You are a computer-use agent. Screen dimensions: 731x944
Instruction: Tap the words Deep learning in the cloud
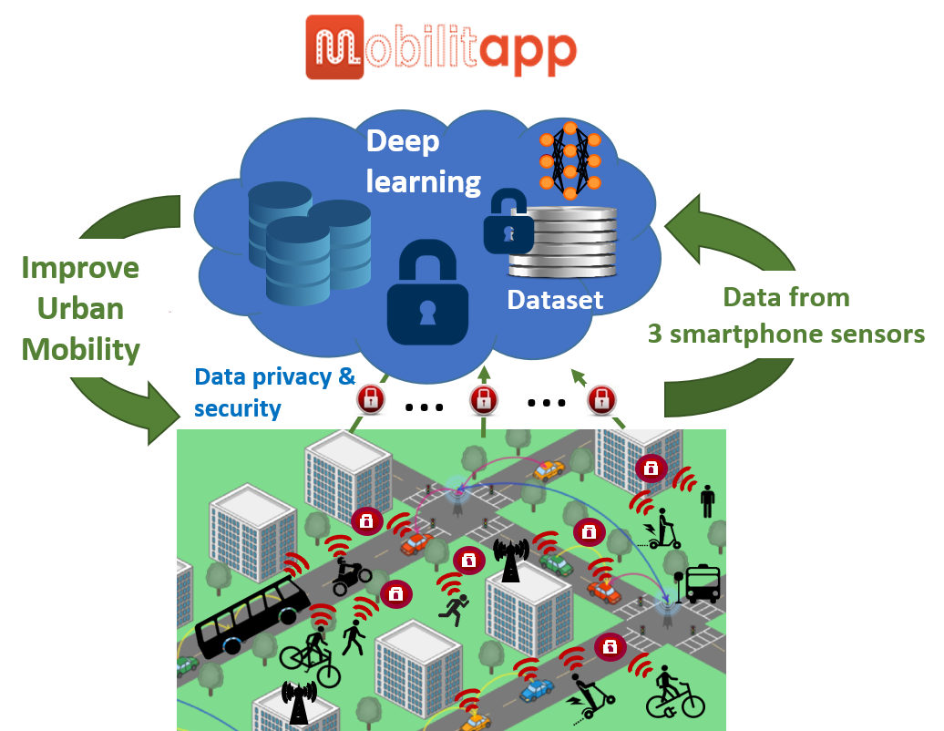[423, 161]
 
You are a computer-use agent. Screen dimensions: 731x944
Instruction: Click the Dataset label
[555, 299]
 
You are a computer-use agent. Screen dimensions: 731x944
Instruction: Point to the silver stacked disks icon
[563, 241]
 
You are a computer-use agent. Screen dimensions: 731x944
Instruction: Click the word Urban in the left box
[80, 308]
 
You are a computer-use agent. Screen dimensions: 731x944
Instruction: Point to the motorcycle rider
[350, 575]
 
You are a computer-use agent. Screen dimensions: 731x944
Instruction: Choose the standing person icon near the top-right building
[708, 500]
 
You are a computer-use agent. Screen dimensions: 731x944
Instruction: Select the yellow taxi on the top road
[548, 470]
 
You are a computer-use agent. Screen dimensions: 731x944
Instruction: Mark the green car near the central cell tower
[556, 564]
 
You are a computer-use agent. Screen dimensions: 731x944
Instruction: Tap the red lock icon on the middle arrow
[483, 398]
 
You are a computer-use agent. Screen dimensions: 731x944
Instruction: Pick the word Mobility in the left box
[80, 349]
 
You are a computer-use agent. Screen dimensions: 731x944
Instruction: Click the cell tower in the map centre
[510, 559]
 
